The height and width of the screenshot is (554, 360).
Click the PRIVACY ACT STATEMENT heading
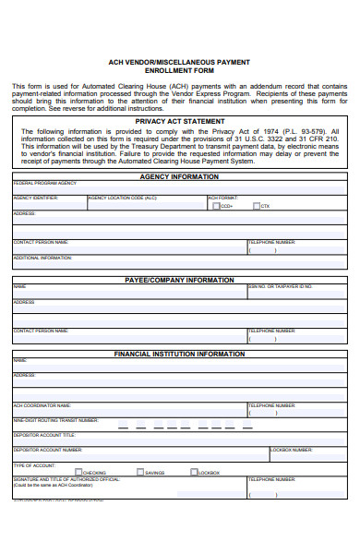(179, 120)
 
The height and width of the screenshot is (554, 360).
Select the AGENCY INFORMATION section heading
(179, 175)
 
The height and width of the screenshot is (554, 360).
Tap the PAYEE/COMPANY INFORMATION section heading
(179, 279)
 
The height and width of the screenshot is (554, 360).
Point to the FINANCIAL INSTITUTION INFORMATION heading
(179, 354)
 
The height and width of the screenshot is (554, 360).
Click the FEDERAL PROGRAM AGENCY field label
(44, 184)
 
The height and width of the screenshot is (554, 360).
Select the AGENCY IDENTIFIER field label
(36, 198)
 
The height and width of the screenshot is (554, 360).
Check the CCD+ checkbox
(216, 206)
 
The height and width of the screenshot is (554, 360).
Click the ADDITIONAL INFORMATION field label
(42, 258)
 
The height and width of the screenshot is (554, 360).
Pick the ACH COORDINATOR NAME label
(42, 404)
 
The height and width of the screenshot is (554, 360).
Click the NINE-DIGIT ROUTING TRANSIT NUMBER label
(55, 419)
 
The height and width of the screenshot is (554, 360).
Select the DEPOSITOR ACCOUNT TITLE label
(44, 434)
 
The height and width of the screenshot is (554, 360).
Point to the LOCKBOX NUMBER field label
(290, 450)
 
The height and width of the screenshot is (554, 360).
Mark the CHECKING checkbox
(78, 472)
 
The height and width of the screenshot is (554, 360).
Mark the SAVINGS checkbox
(139, 472)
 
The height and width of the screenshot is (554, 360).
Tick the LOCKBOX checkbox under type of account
(194, 472)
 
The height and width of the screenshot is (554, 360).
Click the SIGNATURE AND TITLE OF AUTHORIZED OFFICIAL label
(66, 479)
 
